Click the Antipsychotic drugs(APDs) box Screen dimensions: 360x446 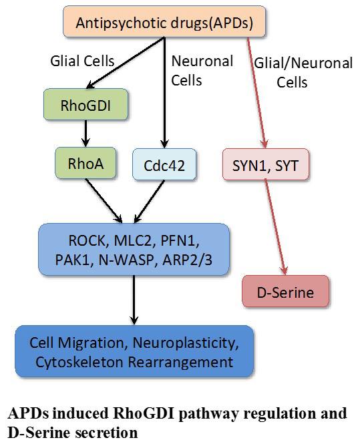pyautogui.click(x=164, y=22)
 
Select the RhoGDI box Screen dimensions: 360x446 pyautogui.click(x=85, y=104)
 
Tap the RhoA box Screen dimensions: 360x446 pyautogui.click(x=85, y=163)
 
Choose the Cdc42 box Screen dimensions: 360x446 pyautogui.click(x=164, y=164)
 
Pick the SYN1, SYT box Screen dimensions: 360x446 pyautogui.click(x=266, y=164)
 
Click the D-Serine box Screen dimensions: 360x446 pyautogui.click(x=285, y=291)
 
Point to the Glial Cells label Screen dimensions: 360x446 pyautogui.click(x=82, y=61)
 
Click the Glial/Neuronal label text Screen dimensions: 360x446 pyautogui.click(x=303, y=63)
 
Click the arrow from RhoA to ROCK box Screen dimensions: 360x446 pyautogui.click(x=104, y=201)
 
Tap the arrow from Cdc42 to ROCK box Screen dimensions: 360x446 pyautogui.click(x=149, y=202)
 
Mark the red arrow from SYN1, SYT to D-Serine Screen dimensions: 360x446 pyautogui.click(x=276, y=228)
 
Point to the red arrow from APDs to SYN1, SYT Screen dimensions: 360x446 pyautogui.click(x=257, y=93)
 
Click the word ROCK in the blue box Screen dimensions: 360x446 pyautogui.click(x=87, y=240)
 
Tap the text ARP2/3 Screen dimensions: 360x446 pyautogui.click(x=187, y=260)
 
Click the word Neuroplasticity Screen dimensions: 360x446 pyautogui.click(x=186, y=344)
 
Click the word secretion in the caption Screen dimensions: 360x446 pyautogui.click(x=107, y=433)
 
